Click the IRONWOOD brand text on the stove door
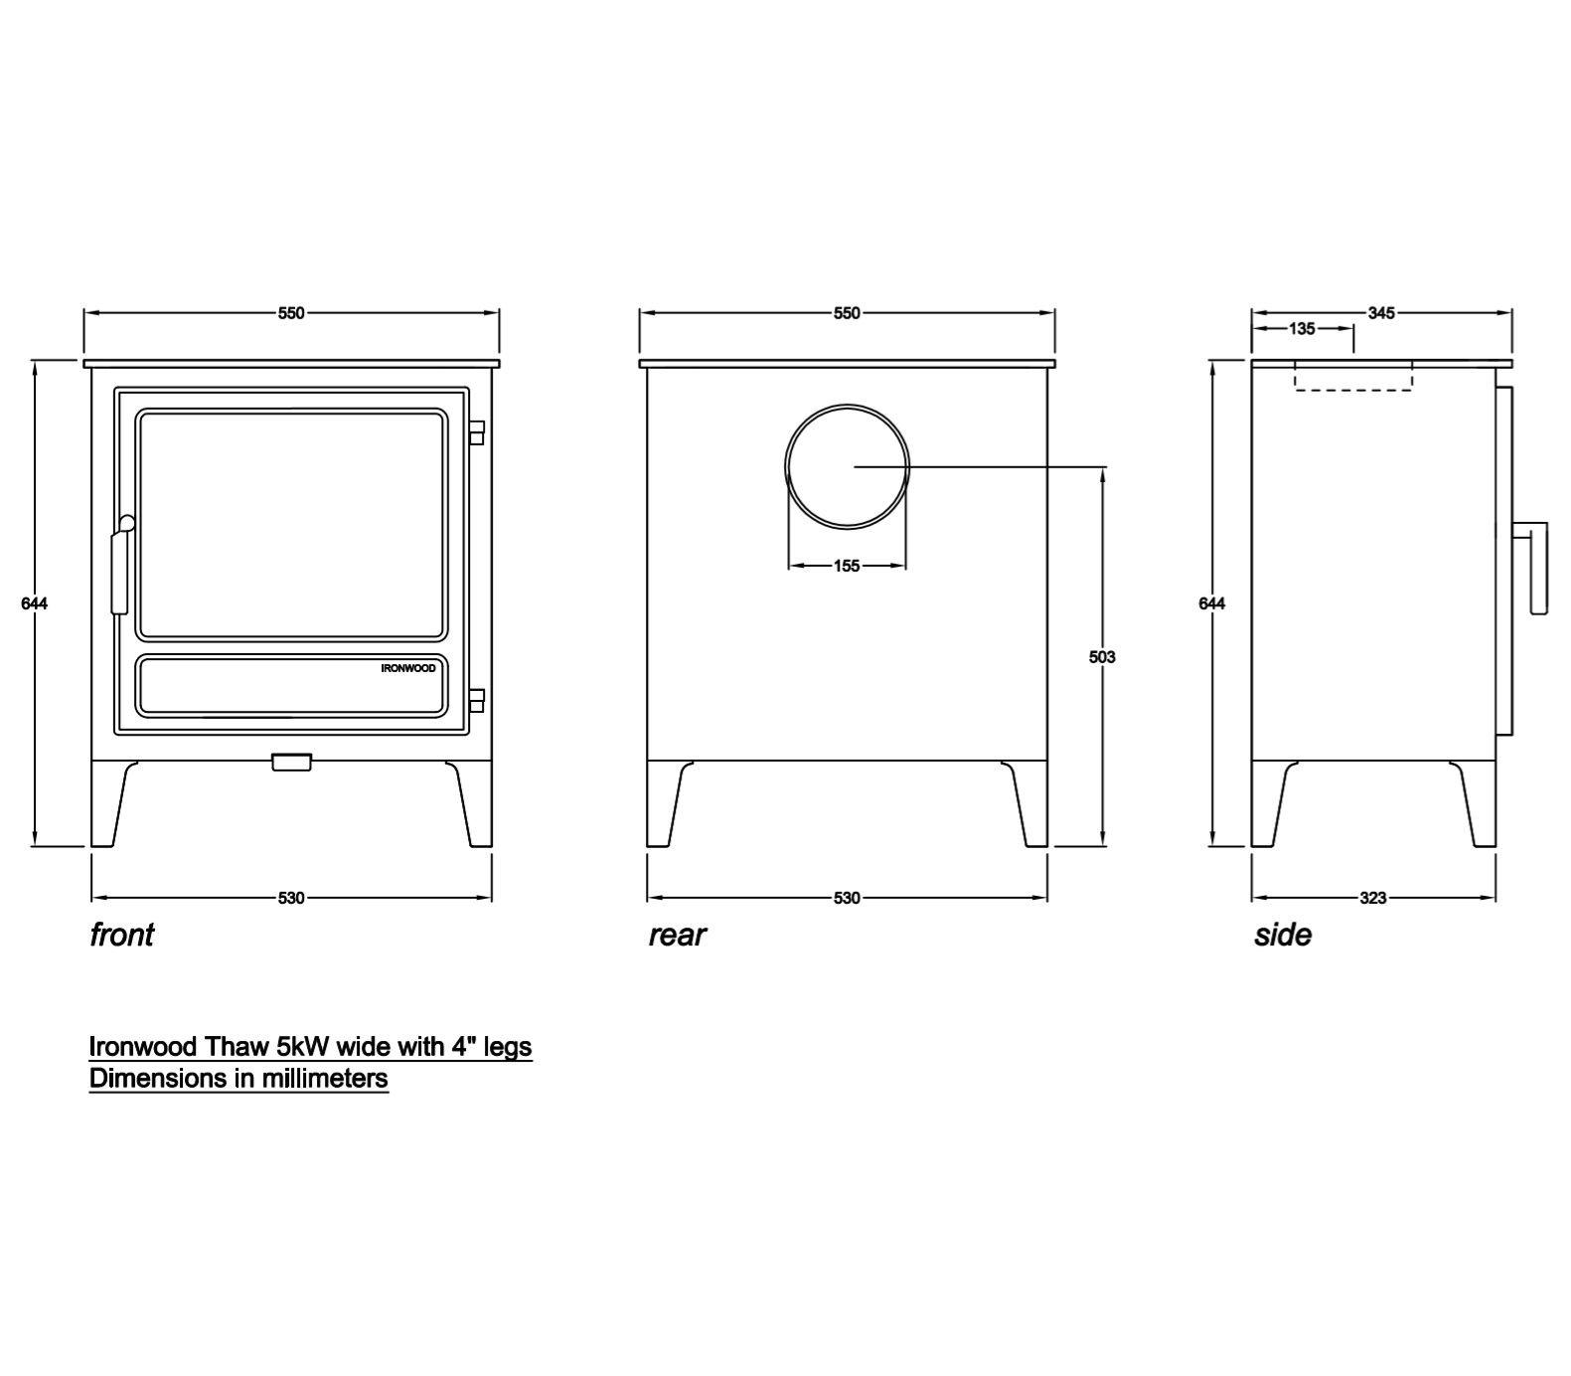click(408, 668)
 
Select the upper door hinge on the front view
click(476, 432)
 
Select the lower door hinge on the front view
click(476, 699)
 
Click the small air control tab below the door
click(291, 763)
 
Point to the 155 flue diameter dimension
click(847, 566)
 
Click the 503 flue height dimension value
click(1102, 656)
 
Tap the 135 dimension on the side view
click(1302, 328)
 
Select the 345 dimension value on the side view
click(1381, 313)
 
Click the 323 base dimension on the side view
click(1372, 898)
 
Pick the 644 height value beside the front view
click(35, 602)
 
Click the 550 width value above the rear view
click(847, 313)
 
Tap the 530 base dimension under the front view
click(291, 898)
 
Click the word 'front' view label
click(122, 935)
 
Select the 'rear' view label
click(677, 935)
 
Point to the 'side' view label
click(1283, 935)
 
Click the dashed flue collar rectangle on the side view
click(1353, 376)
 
